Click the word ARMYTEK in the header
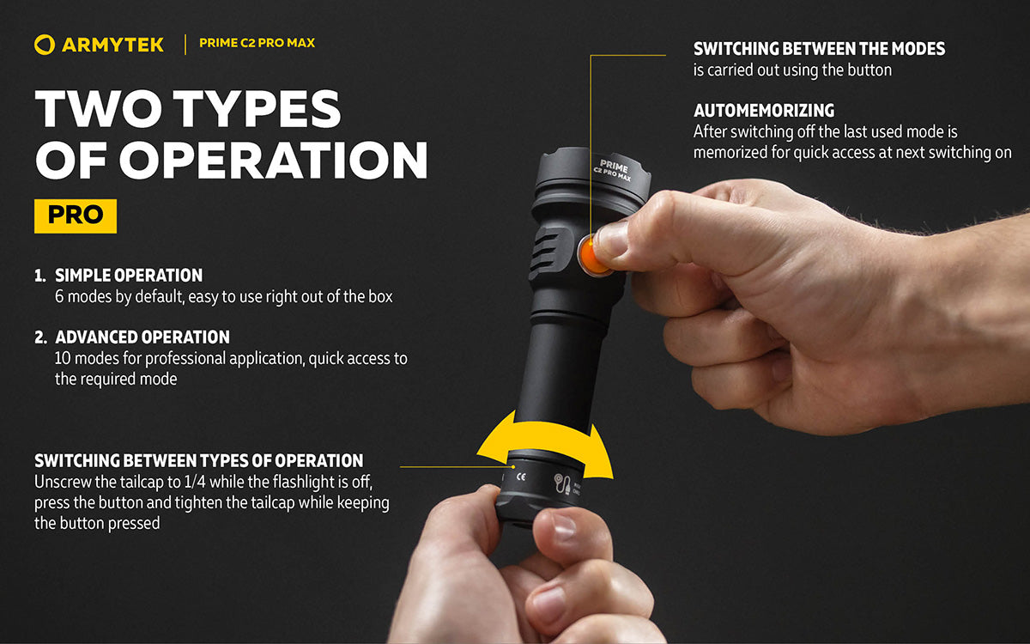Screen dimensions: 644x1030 click(x=112, y=45)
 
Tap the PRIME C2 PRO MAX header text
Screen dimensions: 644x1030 click(x=257, y=43)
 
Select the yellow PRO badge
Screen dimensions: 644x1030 click(x=76, y=215)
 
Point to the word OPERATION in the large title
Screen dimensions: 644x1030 click(x=274, y=160)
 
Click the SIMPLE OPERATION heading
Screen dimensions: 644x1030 click(x=129, y=276)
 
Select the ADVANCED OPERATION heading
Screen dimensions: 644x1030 click(x=142, y=337)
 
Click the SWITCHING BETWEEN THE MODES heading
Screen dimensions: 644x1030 click(x=819, y=49)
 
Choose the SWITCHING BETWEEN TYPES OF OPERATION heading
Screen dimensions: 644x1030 click(x=198, y=460)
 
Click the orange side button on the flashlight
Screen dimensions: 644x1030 click(x=592, y=256)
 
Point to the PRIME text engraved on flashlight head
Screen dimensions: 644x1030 click(x=613, y=164)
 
